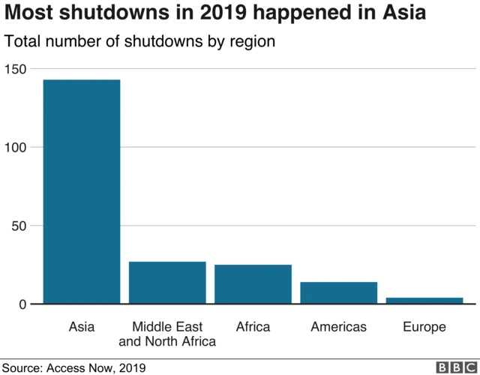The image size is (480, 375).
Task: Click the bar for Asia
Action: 81,191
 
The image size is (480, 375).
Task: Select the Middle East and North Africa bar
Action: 167,283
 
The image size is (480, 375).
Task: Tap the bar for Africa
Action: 253,284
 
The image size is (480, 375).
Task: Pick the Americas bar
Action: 339,292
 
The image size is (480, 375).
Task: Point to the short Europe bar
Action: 424,300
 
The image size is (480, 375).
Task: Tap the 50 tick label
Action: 19,226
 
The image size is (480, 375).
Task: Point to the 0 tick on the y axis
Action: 22,304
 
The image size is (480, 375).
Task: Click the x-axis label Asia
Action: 81,327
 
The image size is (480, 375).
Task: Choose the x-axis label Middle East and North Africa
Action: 167,334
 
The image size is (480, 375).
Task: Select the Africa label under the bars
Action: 253,327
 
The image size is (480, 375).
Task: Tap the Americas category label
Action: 339,327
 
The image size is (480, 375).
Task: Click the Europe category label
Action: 424,327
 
